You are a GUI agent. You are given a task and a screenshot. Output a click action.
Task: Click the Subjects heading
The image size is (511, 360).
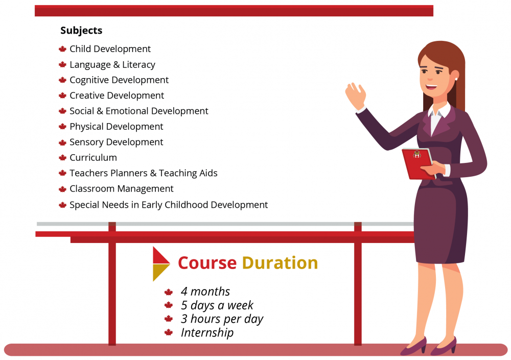[x=81, y=30]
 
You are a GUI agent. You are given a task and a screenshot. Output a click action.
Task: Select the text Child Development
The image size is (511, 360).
[x=110, y=49]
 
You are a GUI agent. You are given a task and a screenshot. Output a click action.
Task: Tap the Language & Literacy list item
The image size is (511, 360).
[x=112, y=64]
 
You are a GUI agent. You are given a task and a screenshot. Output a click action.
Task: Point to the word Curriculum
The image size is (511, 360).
[x=93, y=158]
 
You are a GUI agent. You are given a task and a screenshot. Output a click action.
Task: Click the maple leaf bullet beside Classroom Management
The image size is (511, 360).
[x=62, y=189]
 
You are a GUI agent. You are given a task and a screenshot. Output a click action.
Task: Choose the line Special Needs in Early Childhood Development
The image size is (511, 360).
[x=169, y=205]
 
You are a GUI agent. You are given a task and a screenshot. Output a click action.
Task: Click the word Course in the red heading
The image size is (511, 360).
[x=207, y=263]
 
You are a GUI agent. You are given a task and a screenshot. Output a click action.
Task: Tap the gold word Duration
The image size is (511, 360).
[x=280, y=262]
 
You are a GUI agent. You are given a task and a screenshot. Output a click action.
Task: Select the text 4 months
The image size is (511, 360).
[x=205, y=291]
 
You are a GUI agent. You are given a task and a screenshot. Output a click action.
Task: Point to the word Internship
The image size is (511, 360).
[x=207, y=332]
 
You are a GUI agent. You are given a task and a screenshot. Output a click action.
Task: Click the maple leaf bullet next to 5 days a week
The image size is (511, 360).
[x=169, y=305]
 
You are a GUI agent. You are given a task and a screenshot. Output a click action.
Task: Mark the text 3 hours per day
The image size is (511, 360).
[x=222, y=319]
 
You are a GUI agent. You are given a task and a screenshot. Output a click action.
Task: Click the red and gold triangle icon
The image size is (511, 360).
[x=161, y=264]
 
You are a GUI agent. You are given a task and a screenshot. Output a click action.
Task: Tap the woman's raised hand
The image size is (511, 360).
[x=356, y=96]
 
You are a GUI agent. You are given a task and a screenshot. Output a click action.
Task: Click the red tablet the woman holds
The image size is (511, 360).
[x=419, y=163]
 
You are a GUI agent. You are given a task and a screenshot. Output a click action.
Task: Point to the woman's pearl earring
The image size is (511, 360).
[x=456, y=79]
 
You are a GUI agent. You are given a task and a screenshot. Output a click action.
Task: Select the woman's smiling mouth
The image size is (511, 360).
[x=431, y=87]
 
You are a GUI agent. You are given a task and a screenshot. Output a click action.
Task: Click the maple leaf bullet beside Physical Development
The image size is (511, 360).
[x=62, y=127]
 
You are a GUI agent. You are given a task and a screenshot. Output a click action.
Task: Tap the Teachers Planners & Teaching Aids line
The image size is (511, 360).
[x=144, y=173]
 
